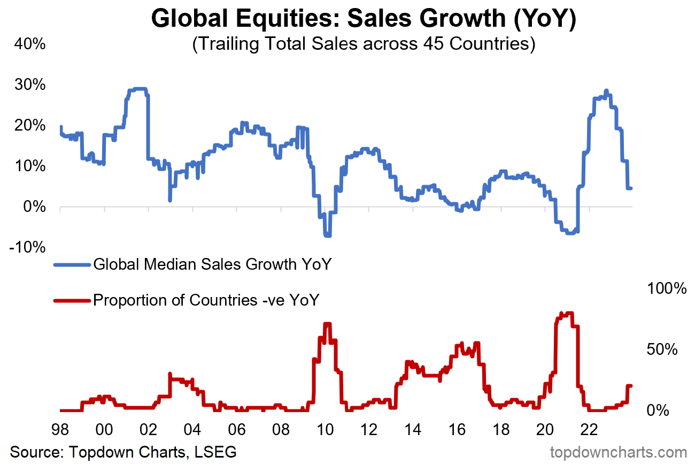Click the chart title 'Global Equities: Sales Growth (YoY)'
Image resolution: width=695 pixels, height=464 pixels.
tap(363, 19)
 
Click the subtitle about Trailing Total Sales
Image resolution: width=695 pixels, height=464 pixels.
tap(363, 44)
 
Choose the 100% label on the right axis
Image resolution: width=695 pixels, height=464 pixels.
tap(666, 288)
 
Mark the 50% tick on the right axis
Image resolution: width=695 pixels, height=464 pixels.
tap(662, 349)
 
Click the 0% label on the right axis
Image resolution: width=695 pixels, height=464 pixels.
tap(658, 410)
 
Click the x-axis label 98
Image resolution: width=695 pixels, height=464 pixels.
tap(60, 430)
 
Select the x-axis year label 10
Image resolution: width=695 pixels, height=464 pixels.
tap(325, 430)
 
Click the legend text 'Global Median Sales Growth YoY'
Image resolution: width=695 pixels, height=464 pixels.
tap(212, 264)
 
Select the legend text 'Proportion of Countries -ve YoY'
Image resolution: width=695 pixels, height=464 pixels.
tap(206, 300)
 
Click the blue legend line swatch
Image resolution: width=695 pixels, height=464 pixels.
tap(72, 264)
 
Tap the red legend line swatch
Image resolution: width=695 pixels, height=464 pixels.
tap(72, 300)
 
